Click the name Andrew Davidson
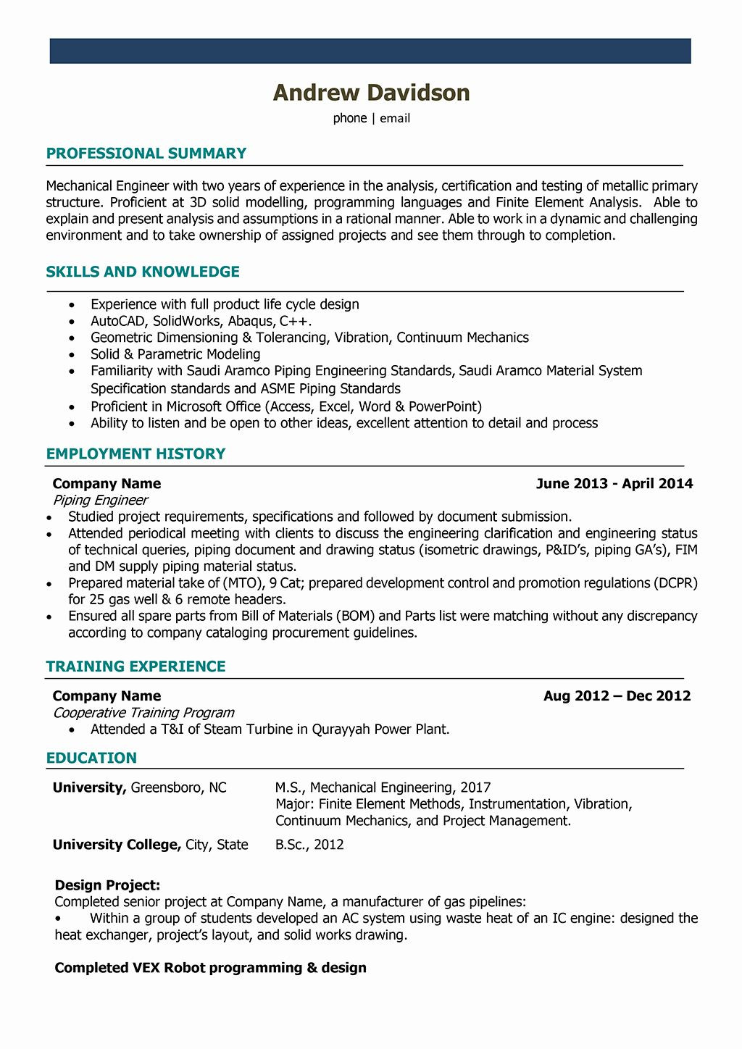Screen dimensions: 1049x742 pyautogui.click(x=371, y=93)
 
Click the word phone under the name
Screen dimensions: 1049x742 pyautogui.click(x=350, y=118)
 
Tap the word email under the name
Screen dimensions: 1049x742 pyautogui.click(x=395, y=118)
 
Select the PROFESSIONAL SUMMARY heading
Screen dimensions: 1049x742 pyautogui.click(x=146, y=154)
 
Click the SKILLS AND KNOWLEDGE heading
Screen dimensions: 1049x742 pyautogui.click(x=143, y=272)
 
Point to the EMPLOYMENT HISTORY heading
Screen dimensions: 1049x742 pyautogui.click(x=136, y=454)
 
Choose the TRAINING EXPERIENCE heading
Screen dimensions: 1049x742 pyautogui.click(x=136, y=666)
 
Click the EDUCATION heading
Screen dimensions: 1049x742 pyautogui.click(x=91, y=758)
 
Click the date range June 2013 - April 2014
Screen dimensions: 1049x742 pyautogui.click(x=614, y=484)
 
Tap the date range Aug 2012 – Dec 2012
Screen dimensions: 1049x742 pyautogui.click(x=617, y=696)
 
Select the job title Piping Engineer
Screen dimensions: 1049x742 pyautogui.click(x=100, y=501)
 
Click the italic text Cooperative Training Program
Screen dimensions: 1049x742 pyautogui.click(x=143, y=713)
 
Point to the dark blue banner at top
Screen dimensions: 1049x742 pyautogui.click(x=370, y=51)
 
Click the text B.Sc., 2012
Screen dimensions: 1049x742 pyautogui.click(x=309, y=845)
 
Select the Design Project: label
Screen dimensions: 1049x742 pyautogui.click(x=107, y=885)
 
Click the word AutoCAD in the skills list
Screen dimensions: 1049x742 pyautogui.click(x=119, y=321)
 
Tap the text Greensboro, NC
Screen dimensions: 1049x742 pyautogui.click(x=178, y=787)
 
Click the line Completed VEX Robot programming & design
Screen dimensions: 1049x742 pyautogui.click(x=210, y=968)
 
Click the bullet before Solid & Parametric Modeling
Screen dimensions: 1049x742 pyautogui.click(x=72, y=355)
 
